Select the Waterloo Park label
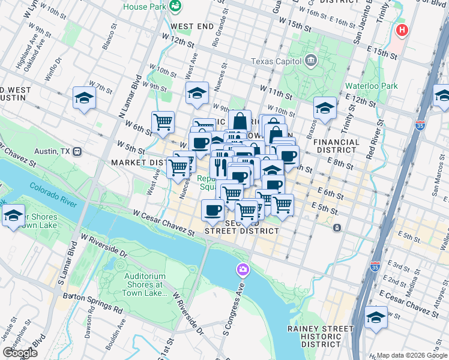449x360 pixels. pos(371,86)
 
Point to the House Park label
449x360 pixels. pos(143,7)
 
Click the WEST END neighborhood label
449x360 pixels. pos(192,27)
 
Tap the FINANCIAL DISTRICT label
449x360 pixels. pos(336,147)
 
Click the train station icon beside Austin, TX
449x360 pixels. pos(77,152)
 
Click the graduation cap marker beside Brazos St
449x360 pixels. pos(325,109)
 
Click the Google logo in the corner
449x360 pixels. pos(20,352)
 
